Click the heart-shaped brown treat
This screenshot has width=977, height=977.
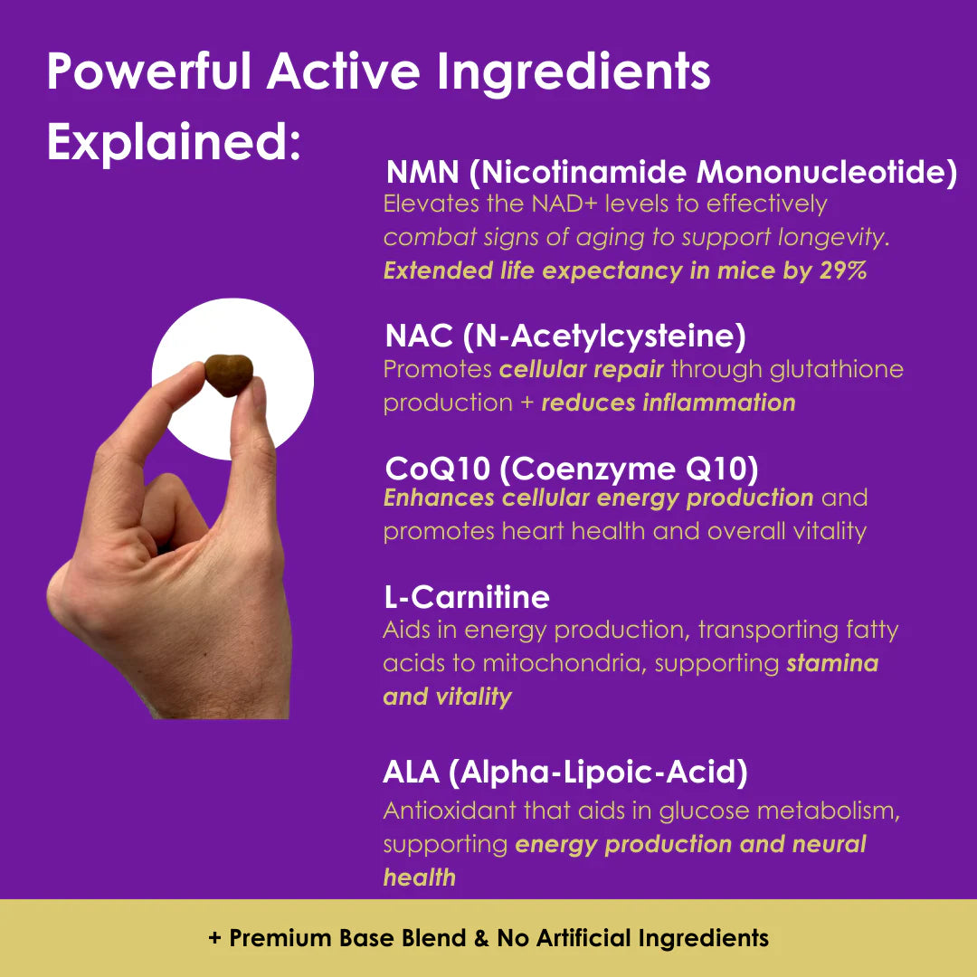point(228,375)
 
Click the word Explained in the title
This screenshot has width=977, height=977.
point(173,143)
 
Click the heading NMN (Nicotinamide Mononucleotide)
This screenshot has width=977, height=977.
point(671,172)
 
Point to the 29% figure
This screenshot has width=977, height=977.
point(842,270)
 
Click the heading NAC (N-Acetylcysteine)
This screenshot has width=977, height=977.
point(565,336)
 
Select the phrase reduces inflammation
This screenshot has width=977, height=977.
point(669,403)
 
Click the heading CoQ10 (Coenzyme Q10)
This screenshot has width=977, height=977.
point(571,469)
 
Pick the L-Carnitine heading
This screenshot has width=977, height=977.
point(466,597)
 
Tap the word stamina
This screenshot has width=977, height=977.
point(832,663)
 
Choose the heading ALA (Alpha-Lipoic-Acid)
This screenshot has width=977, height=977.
point(565,773)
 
